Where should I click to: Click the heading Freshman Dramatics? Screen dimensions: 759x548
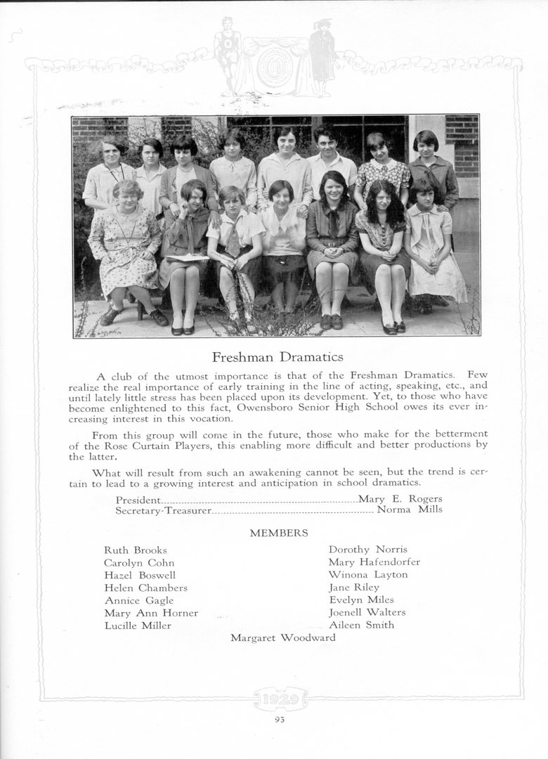coord(278,357)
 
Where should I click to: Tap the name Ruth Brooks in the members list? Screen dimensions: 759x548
coord(136,550)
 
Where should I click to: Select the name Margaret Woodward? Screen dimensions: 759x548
coord(282,638)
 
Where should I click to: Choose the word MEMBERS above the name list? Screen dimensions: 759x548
coord(279,533)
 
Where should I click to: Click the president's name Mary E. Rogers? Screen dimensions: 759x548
coord(400,499)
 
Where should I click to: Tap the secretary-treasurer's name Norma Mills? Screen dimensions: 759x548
coord(410,510)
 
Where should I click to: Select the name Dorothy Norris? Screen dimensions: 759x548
coord(367,550)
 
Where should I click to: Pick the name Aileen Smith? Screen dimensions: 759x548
coord(361,625)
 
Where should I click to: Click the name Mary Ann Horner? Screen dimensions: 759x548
coord(151,613)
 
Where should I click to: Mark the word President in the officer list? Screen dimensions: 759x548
coord(138,500)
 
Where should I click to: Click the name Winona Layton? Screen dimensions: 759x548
coord(367,575)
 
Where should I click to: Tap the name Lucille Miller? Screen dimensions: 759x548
coord(138,625)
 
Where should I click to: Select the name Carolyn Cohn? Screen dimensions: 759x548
coord(139,563)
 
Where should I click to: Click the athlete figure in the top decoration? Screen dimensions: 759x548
coord(226,56)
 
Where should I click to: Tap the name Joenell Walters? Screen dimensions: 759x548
coord(367,612)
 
